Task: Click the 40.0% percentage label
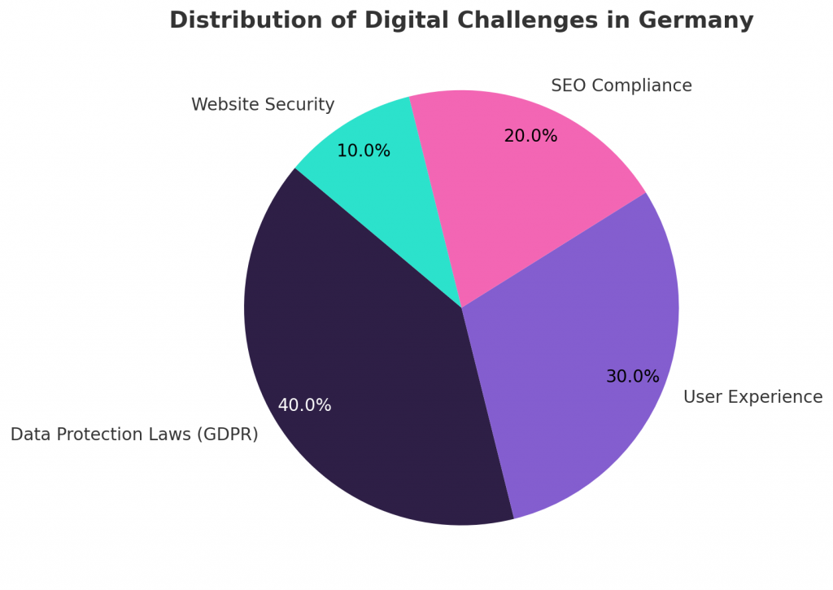pos(304,405)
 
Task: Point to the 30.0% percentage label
pos(632,377)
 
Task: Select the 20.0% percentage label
pos(530,137)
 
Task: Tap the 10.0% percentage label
pos(363,151)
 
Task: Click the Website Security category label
pos(263,105)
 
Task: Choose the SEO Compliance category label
pos(621,86)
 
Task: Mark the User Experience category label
pos(752,397)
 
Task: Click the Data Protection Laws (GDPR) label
pos(134,435)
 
